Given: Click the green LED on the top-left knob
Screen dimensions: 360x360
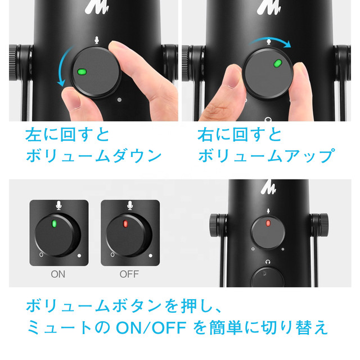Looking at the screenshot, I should click(82, 72).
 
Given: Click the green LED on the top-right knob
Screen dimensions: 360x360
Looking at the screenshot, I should click(277, 63).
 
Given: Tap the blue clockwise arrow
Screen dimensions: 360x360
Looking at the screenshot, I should click(272, 42).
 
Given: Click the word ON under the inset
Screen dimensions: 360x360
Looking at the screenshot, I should click(58, 275).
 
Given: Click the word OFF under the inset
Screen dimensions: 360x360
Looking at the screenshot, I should click(129, 275).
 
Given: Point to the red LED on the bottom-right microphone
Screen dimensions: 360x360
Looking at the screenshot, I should click(268, 223).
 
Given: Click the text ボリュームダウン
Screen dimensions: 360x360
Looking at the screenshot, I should click(94, 156).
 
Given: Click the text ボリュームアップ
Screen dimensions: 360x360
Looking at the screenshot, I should click(267, 156).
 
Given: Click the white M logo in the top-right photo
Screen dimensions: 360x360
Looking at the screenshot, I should click(268, 8).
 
